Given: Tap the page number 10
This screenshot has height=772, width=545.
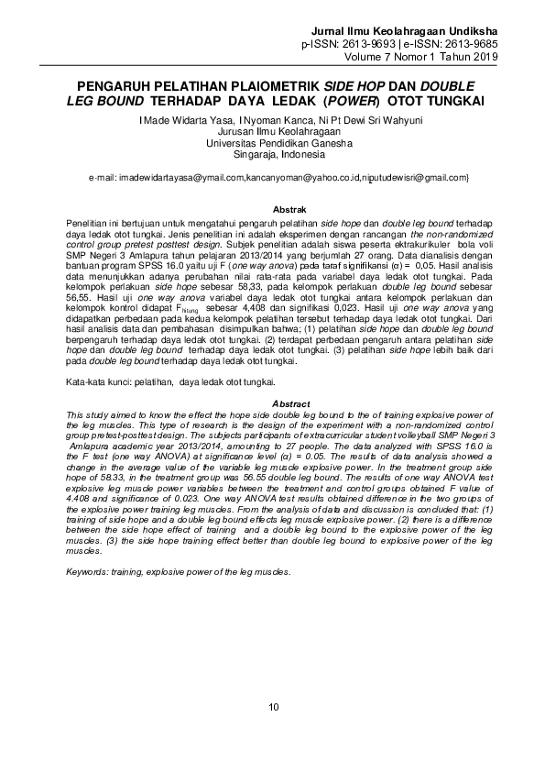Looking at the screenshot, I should (x=273, y=705).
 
